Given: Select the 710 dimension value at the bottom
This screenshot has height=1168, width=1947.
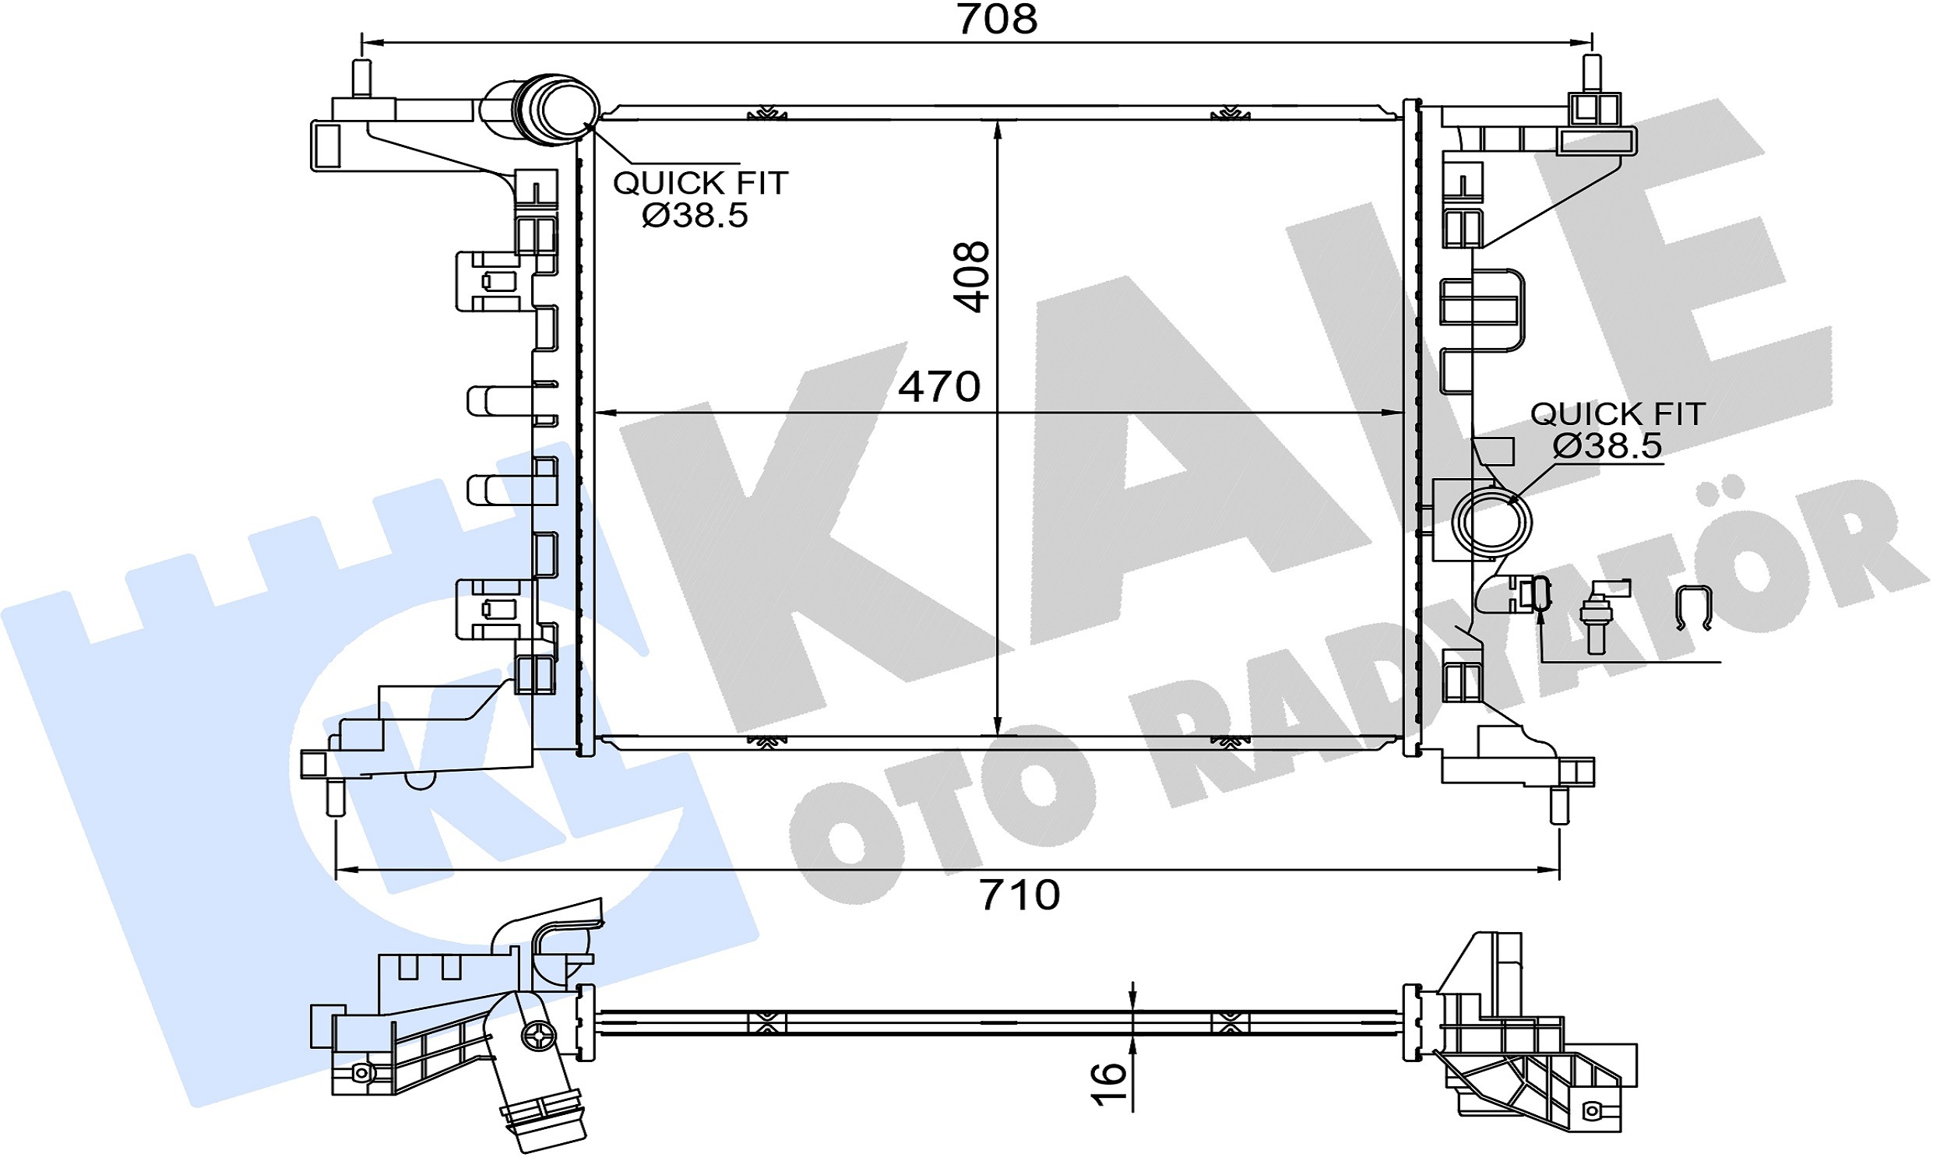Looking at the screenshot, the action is tap(1019, 895).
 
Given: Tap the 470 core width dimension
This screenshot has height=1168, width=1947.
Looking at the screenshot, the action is tap(939, 386).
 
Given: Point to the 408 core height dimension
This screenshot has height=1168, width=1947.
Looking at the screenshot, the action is tap(970, 277).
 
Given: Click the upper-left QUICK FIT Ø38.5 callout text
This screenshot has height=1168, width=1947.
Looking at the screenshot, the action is tap(699, 199).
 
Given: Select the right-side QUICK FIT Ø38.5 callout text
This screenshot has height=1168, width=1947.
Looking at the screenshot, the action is tap(1617, 430).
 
